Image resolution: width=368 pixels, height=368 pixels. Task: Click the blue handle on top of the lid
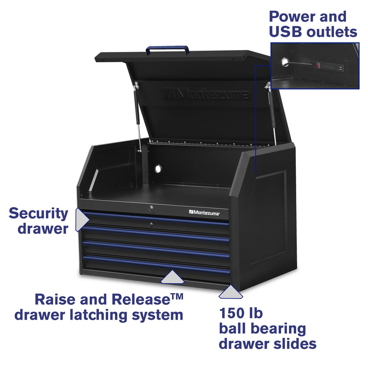click(x=167, y=47)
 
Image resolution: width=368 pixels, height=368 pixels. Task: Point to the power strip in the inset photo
click(x=328, y=67)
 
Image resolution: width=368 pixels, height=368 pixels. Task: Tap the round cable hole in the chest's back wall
click(x=158, y=169)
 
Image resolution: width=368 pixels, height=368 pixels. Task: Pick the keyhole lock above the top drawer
click(x=150, y=209)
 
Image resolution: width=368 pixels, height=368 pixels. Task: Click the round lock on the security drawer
click(x=150, y=224)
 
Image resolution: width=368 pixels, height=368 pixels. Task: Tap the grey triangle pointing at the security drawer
click(x=82, y=220)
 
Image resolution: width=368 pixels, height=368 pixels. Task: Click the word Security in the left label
click(x=39, y=213)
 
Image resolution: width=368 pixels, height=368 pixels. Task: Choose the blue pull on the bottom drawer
click(x=156, y=265)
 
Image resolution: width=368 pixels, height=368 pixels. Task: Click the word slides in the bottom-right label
click(x=293, y=343)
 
